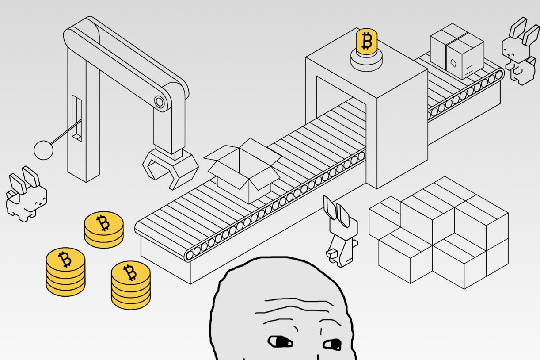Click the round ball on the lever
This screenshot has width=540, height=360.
point(43,149)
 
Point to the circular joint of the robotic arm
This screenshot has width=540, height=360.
point(160,103)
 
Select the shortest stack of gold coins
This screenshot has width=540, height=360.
point(104,229)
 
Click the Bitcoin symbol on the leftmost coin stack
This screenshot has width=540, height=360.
point(65,260)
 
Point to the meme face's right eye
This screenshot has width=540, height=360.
point(332,343)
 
